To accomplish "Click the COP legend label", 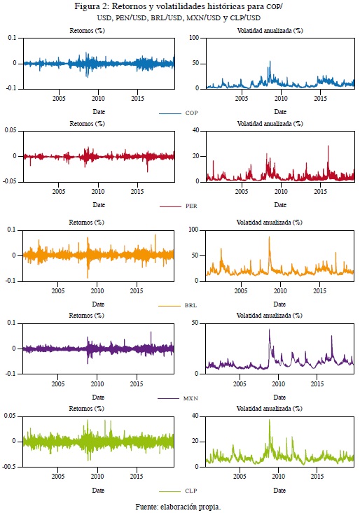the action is pos(191,113).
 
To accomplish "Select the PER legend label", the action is pos(191,206).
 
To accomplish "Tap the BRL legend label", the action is pos(191,305).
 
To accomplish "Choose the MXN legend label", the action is pos(191,398).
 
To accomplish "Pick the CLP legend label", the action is pos(191,491).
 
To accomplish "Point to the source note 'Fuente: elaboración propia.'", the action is pos(179,507).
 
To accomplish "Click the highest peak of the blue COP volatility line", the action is pos(270,61).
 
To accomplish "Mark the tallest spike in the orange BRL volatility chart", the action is pos(270,237).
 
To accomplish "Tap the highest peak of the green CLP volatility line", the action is pos(270,420).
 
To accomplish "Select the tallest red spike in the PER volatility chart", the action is pos(328,146).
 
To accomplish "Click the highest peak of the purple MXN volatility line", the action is pos(270,330).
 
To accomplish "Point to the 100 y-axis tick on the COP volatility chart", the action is pos(194,38).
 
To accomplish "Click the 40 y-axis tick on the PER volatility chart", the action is pos(195,131).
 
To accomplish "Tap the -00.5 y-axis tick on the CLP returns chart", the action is pos(10,467).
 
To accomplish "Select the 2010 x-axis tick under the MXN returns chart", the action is pos(97,384).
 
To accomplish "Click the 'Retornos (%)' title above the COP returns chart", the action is pos(87,31).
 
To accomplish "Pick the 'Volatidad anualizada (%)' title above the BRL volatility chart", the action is pos(270,223).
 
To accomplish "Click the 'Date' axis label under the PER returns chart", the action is pos(99,205).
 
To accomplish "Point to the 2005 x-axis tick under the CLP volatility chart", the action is pos(240,477).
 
